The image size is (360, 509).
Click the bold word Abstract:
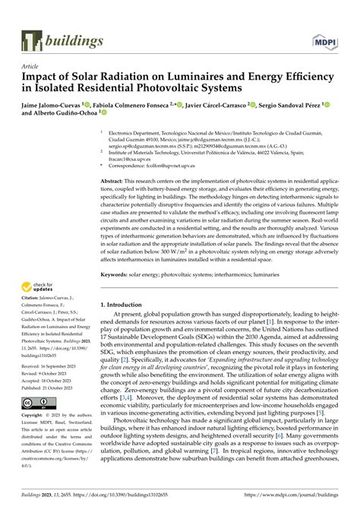pos(115,182)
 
